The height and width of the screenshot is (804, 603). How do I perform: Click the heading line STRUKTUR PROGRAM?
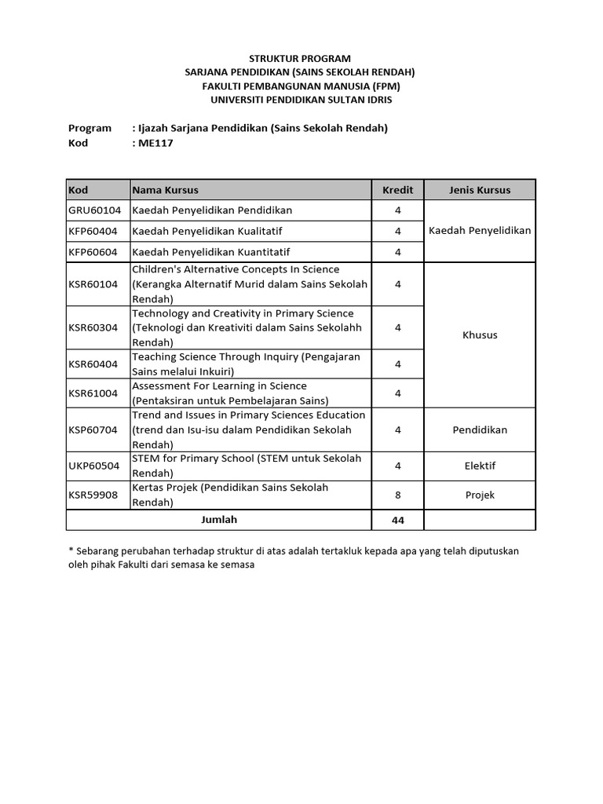point(300,59)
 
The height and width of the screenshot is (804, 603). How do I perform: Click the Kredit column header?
point(397,190)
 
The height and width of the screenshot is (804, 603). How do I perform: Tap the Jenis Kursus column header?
point(480,190)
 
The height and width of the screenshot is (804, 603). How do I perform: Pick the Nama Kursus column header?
point(166,190)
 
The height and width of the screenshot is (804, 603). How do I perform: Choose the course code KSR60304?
point(93,327)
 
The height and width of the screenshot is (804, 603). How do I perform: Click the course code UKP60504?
point(93,466)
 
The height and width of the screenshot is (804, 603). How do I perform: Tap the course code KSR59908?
point(93,495)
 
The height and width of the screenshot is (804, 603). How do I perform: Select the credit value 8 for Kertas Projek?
point(398,495)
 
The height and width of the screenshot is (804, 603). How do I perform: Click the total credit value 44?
point(398,521)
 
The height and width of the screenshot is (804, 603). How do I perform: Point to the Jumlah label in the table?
point(218,520)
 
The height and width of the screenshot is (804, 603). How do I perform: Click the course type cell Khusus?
point(480,335)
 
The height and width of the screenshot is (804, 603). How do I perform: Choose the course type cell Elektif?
point(480,466)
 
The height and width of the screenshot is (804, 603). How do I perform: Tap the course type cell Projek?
point(480,495)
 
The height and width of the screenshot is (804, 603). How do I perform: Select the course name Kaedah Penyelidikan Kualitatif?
point(207,232)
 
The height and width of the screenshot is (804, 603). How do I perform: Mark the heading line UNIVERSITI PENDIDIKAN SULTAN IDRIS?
point(301,100)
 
